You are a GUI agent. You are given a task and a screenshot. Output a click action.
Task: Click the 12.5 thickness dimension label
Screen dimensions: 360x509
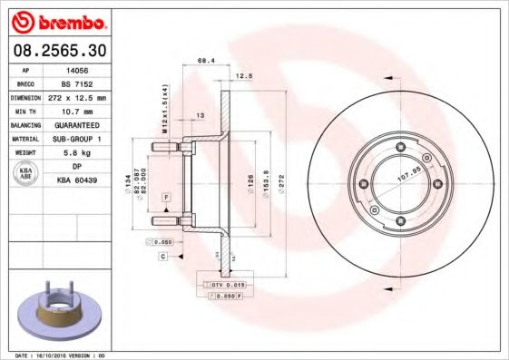[243, 77]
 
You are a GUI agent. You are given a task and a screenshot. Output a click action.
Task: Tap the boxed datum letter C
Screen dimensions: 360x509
[162, 257]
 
